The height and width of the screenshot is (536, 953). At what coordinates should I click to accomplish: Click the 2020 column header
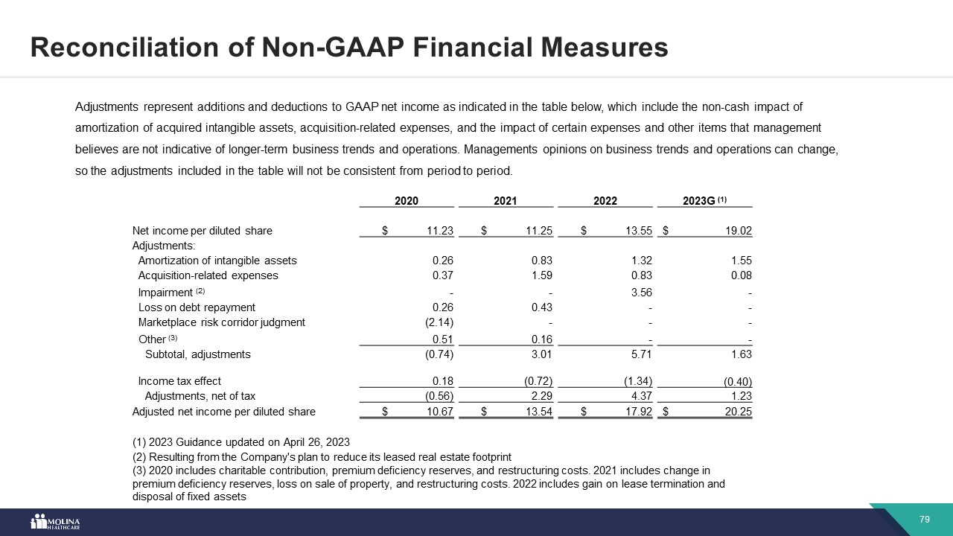click(407, 201)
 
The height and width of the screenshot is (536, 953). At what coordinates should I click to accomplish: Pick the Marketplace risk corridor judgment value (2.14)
click(438, 322)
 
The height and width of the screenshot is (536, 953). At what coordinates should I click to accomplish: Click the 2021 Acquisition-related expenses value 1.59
click(540, 275)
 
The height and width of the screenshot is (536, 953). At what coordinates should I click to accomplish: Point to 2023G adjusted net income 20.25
click(737, 412)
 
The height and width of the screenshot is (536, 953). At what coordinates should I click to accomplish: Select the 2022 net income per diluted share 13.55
click(638, 231)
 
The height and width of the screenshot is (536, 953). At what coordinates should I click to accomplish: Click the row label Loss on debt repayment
click(197, 307)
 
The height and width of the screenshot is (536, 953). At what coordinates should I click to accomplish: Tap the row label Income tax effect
click(179, 381)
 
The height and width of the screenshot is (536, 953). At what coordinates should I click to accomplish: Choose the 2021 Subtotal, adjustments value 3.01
click(540, 354)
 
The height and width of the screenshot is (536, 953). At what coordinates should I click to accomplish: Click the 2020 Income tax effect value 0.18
click(442, 381)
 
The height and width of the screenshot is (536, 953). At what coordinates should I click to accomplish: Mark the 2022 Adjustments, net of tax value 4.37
click(640, 396)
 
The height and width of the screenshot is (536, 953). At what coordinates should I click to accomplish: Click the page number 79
click(925, 520)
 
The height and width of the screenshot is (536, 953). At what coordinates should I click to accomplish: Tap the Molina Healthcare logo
click(55, 522)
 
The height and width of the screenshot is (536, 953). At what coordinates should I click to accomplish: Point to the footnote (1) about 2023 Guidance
click(240, 442)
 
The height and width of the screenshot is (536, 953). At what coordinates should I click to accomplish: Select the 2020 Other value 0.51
click(442, 339)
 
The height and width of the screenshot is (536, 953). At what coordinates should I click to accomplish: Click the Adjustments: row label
click(164, 246)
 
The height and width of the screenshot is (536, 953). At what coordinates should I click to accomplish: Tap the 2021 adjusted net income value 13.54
click(538, 412)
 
